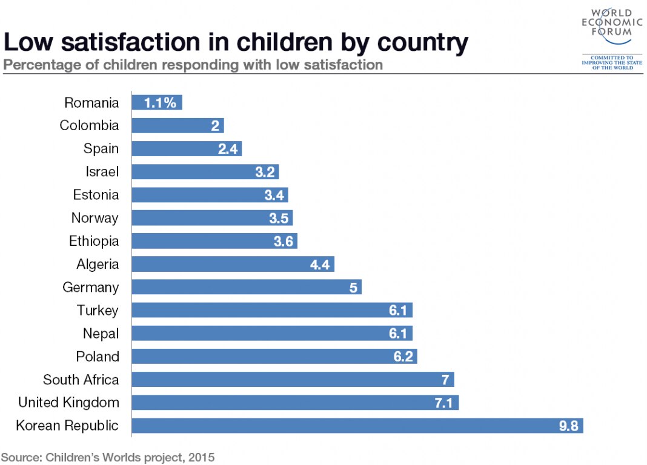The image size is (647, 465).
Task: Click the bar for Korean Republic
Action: point(357,426)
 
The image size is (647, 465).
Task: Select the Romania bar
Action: point(156,103)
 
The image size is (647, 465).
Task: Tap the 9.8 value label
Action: point(568,426)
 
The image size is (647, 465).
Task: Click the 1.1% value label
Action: point(160,103)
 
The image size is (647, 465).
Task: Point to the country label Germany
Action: point(90,288)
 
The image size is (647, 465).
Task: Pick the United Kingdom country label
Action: point(68,403)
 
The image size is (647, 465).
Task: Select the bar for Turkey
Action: point(271,311)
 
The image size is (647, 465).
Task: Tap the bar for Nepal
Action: point(271,334)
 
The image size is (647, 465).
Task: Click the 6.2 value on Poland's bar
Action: point(403,357)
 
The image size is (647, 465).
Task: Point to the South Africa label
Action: point(81,380)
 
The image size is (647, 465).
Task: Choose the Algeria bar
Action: point(233,265)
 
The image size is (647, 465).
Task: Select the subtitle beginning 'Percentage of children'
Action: point(193,65)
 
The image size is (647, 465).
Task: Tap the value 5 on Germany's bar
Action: point(353,288)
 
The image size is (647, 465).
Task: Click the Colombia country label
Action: point(89,126)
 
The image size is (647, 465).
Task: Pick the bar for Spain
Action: point(186,149)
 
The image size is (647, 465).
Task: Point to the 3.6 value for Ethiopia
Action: point(283,242)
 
